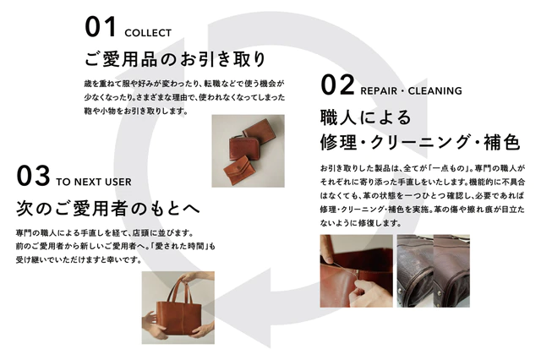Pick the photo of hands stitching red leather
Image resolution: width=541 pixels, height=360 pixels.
[355, 270]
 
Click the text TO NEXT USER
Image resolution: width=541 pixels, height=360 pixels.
[94, 182]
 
